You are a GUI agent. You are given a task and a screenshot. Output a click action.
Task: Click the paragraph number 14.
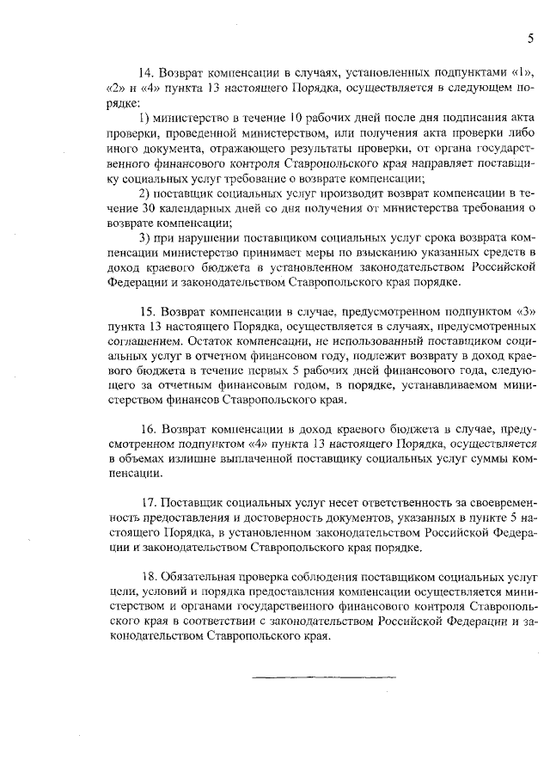click(x=147, y=72)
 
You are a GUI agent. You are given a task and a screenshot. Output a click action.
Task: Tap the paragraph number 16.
click(x=147, y=427)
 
